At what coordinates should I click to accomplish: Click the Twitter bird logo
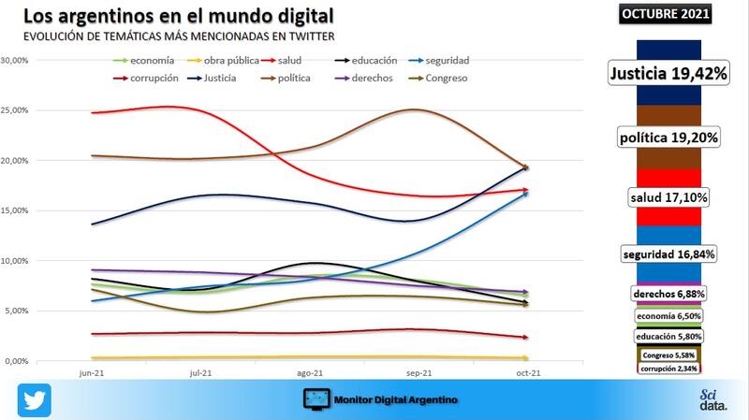point(34,399)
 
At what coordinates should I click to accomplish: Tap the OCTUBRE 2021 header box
point(666,14)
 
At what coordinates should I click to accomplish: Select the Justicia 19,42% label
point(668,73)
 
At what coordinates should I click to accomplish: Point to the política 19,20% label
point(668,138)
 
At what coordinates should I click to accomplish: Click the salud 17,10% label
point(668,197)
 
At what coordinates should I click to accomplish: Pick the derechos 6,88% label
point(668,294)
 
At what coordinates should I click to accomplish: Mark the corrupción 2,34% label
point(668,369)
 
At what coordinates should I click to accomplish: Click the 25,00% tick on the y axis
point(17,110)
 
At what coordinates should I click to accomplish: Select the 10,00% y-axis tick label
point(17,261)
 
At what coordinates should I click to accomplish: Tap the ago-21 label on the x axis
point(309,372)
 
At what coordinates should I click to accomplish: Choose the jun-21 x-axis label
point(91,372)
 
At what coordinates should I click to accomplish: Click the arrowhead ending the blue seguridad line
point(526,193)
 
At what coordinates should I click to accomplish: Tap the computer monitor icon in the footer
point(319,399)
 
